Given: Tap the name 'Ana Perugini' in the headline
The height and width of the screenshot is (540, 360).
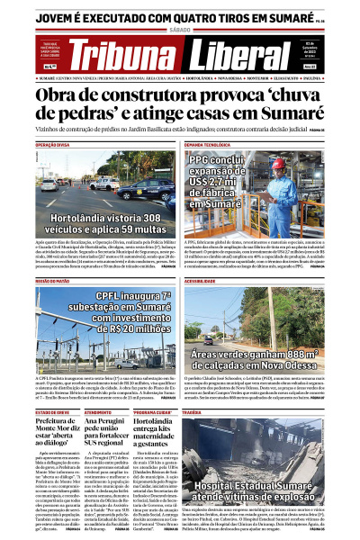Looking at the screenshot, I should pyautogui.click(x=104, y=423).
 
